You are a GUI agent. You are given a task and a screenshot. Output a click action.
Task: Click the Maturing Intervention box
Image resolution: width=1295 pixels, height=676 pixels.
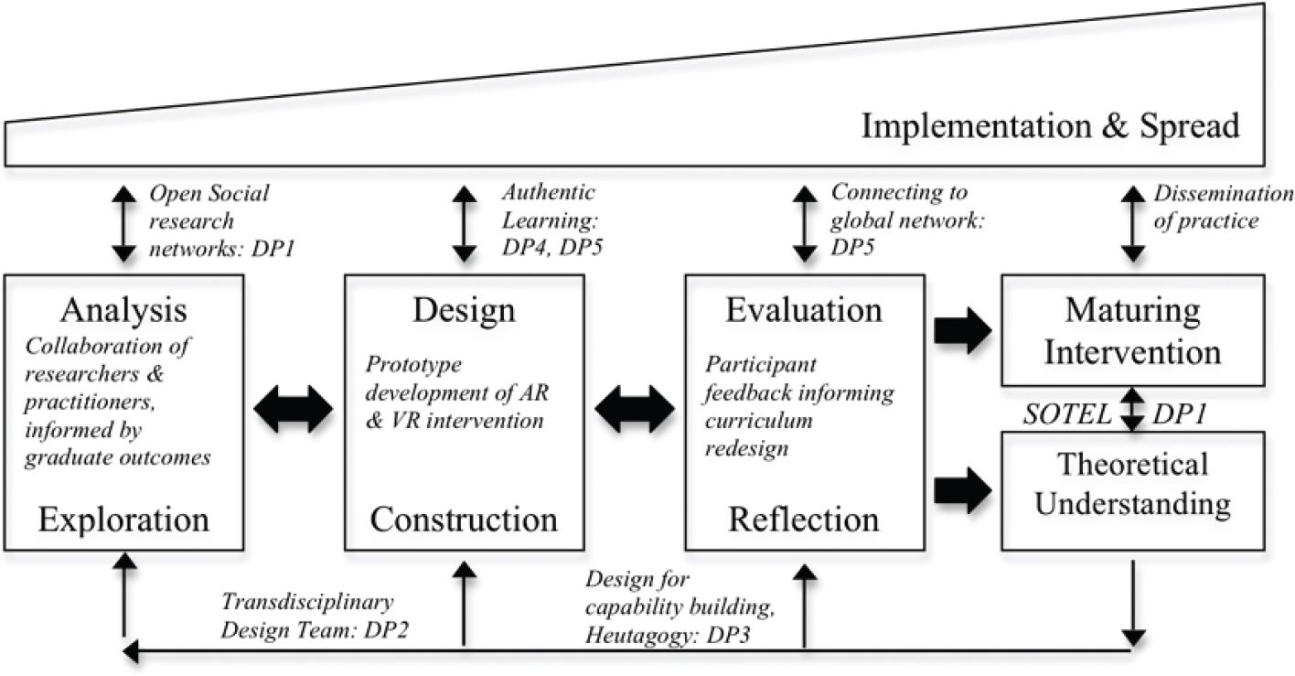tap(1133, 331)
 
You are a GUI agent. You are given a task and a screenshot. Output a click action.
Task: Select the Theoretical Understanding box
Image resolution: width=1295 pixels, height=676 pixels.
tap(1133, 485)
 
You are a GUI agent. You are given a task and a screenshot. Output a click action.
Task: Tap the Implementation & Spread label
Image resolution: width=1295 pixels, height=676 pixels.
tap(1051, 125)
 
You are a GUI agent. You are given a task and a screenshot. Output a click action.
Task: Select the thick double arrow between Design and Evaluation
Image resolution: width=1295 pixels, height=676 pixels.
tap(634, 409)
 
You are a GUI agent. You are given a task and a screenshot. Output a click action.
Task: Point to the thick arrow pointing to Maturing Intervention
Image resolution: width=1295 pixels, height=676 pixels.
tap(963, 331)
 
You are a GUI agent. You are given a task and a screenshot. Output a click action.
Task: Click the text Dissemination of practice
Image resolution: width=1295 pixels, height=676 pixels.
tap(1224, 207)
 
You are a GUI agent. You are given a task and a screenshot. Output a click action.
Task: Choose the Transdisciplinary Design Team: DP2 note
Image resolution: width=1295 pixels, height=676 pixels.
tap(308, 617)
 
